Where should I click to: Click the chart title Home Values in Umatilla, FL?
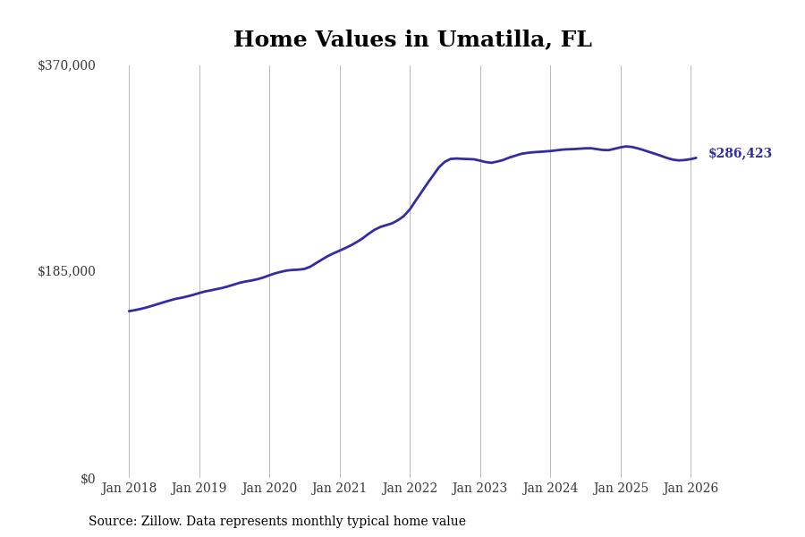pos(412,40)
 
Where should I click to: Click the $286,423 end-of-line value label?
pos(740,154)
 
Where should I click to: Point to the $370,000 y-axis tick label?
pos(66,65)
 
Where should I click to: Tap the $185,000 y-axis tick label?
pos(66,271)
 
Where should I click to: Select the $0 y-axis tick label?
pos(88,479)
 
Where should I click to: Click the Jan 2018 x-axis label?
pos(129,489)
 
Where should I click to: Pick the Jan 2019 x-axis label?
pos(199,489)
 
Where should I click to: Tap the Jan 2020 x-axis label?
pos(269,489)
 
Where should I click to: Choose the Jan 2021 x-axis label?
pos(339,489)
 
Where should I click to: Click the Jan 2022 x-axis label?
pos(410,489)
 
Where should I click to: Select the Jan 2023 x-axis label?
pos(479,489)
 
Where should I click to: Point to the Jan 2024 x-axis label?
pos(550,489)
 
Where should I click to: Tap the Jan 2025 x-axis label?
pos(620,489)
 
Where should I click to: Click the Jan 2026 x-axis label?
pos(691,489)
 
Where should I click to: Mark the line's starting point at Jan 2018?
pos(129,311)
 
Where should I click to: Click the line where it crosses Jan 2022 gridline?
pos(410,209)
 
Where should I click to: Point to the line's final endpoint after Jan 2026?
pos(696,158)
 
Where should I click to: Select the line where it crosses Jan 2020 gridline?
pos(269,275)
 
